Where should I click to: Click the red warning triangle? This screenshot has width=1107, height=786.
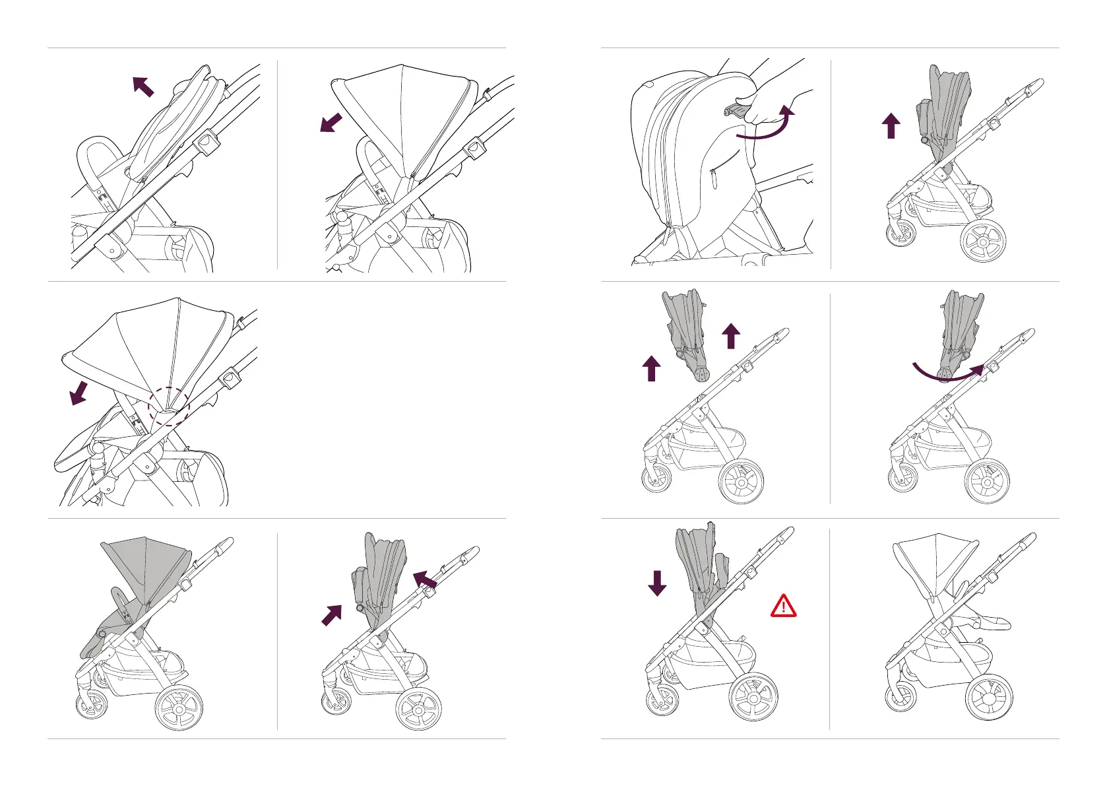(783, 606)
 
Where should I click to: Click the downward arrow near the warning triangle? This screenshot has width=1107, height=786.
(657, 583)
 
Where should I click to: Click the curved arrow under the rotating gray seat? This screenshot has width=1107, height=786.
(947, 375)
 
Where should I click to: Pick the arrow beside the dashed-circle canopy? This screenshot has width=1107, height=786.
(79, 392)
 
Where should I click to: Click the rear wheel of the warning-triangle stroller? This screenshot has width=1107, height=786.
(753, 697)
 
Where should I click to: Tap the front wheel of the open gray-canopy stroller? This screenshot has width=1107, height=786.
(92, 704)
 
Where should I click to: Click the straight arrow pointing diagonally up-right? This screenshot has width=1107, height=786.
(332, 615)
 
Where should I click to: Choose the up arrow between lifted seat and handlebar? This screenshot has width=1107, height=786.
(730, 336)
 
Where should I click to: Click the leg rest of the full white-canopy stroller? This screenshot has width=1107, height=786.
(983, 622)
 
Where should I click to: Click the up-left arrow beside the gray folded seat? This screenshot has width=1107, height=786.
(425, 579)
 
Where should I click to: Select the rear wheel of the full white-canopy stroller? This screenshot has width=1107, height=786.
(988, 696)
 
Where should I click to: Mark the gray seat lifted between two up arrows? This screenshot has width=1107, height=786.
(686, 330)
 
